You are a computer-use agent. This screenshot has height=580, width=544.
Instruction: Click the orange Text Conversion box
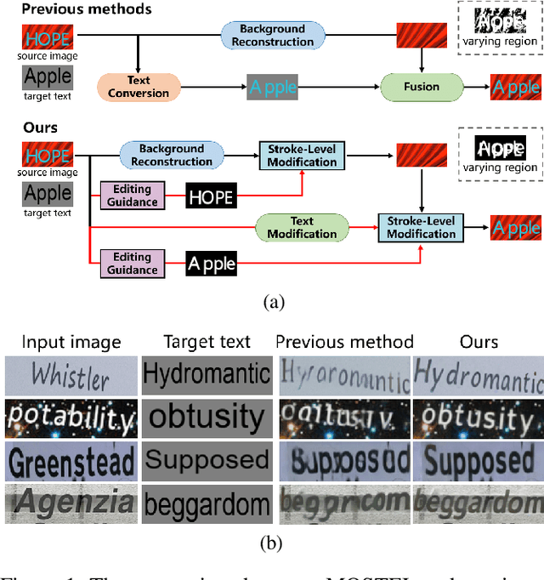[x=139, y=87]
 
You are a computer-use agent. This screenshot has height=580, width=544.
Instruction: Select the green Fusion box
[x=422, y=87]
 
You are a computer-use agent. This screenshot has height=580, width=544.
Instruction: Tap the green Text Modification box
[x=302, y=227]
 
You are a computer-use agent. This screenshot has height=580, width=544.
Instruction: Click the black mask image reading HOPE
[x=211, y=197]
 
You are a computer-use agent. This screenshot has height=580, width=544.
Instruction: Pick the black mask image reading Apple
[x=211, y=264]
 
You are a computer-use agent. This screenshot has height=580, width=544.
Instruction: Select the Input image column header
[x=71, y=342]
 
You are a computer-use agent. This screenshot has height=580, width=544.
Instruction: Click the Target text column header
[x=207, y=342]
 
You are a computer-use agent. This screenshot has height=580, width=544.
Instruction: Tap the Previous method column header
[x=344, y=342]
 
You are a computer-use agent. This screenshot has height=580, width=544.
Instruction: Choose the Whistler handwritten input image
[x=71, y=375]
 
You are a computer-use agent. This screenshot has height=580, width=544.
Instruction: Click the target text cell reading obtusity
[x=207, y=418]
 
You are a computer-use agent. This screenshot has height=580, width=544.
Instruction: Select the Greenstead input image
[x=71, y=462]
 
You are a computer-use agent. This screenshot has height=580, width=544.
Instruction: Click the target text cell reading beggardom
[x=207, y=505]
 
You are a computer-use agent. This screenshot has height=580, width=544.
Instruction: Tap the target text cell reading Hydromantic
[x=207, y=375]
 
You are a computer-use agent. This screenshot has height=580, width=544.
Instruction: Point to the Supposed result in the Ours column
[x=479, y=462]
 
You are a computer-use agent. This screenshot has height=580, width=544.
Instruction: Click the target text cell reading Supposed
[x=207, y=462]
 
